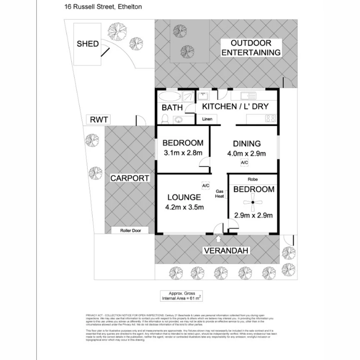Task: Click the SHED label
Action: tap(88, 44)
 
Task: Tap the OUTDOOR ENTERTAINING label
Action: tap(251, 48)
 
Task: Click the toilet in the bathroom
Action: tap(164, 118)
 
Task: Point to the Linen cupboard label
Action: tap(207, 119)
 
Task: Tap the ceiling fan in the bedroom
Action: tap(253, 203)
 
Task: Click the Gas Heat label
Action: tap(219, 194)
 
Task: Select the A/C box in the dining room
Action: tap(245, 162)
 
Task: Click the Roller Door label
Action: tap(130, 230)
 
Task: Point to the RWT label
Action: tap(99, 120)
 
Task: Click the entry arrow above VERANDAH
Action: tap(218, 239)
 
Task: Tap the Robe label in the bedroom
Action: tap(253, 179)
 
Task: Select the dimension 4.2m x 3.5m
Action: tap(184, 207)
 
